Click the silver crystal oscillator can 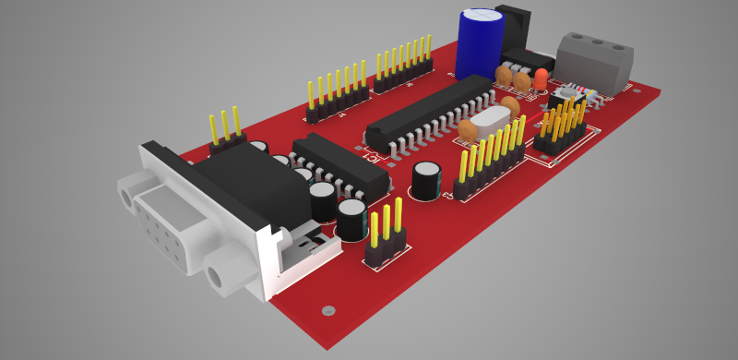click(x=494, y=120)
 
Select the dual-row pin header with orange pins click(x=561, y=129)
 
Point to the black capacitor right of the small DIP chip click(x=425, y=180)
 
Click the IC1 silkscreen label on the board click(x=375, y=158)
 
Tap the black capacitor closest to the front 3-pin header click(x=351, y=220)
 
